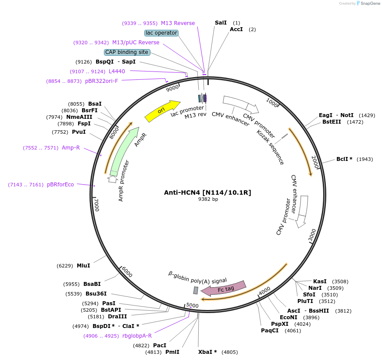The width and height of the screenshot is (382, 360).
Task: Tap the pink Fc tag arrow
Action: tap(224, 289)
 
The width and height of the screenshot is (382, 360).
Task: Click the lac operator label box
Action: tap(161, 33)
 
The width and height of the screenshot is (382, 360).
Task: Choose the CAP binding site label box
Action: tap(127, 52)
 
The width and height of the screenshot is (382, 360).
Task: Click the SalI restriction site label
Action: tap(221, 22)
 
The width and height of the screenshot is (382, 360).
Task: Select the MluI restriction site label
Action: tap(83, 265)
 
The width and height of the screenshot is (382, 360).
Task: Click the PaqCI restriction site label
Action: tap(270, 330)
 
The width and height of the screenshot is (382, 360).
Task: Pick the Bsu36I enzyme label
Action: tap(96, 293)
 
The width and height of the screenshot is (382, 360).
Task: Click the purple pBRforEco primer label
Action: tap(61, 185)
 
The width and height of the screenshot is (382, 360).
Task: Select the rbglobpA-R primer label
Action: tap(137, 336)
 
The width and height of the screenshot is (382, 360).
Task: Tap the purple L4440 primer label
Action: tap(117, 71)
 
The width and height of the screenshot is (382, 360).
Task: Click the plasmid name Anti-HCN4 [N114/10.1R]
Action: tap(207, 192)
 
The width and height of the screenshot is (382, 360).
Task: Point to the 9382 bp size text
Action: tap(208, 199)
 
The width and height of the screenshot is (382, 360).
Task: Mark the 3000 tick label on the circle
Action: tap(311, 235)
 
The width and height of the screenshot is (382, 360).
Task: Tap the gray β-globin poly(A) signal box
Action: tap(196, 290)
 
